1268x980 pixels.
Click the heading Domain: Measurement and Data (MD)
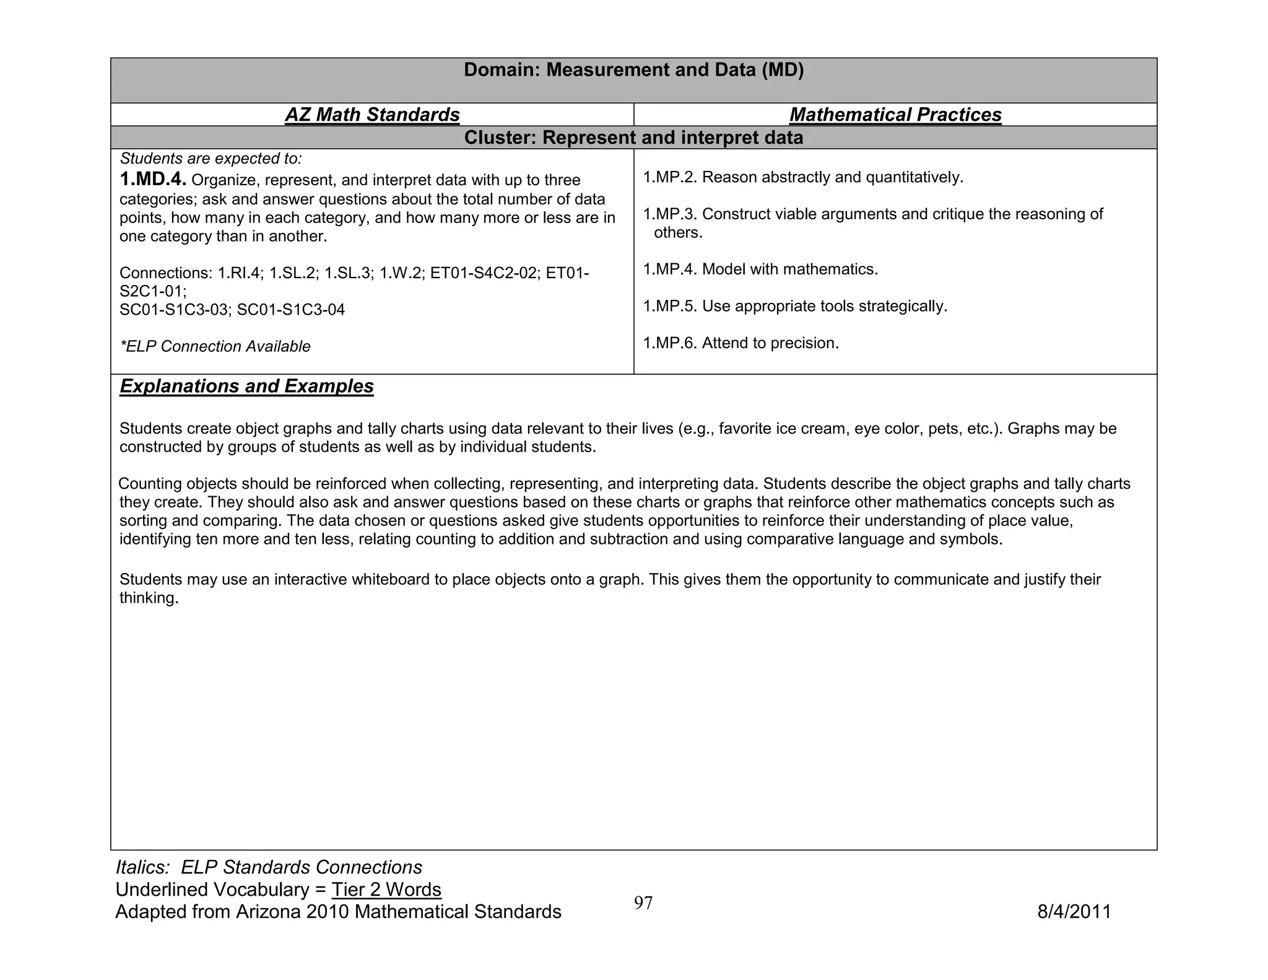click(633, 70)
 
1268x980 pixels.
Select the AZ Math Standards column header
click(372, 115)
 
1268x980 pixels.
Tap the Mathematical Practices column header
click(895, 115)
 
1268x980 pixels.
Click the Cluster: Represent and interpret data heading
click(633, 138)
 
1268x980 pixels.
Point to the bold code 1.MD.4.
click(152, 180)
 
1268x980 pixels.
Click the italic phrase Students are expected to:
click(211, 159)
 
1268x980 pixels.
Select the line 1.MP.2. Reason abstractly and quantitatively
click(803, 178)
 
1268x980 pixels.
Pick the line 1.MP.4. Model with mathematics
click(760, 269)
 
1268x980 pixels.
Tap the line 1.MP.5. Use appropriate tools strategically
click(795, 306)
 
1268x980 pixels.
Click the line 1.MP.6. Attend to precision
click(740, 343)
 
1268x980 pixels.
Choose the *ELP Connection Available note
click(215, 346)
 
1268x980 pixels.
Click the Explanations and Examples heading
click(246, 386)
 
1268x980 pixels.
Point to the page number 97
click(643, 903)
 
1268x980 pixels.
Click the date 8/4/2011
click(1074, 912)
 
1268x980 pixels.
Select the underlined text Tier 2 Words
click(386, 890)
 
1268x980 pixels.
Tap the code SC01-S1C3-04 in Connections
click(291, 310)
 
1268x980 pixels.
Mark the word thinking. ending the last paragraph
click(149, 598)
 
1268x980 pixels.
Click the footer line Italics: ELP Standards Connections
click(269, 867)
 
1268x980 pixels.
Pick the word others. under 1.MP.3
click(678, 233)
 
